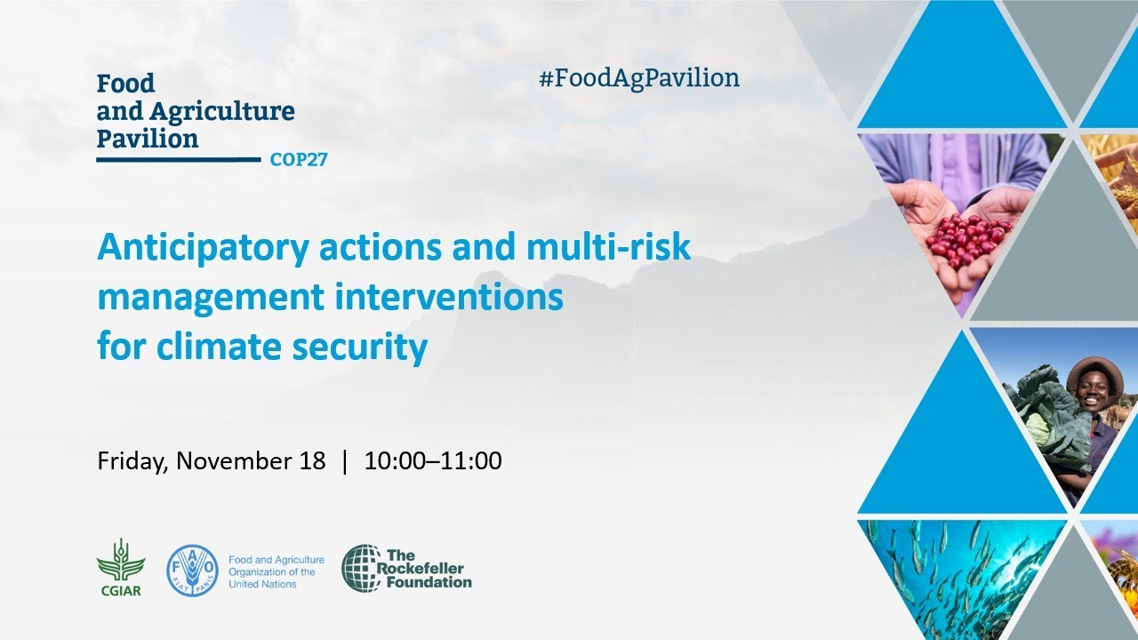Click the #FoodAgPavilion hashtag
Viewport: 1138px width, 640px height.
638,78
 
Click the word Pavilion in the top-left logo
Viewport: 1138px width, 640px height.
148,139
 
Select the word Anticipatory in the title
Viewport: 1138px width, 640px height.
199,247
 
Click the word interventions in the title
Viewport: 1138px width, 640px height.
450,297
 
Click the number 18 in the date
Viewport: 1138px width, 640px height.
313,461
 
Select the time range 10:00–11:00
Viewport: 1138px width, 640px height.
433,461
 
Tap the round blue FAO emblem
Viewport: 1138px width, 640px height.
192,571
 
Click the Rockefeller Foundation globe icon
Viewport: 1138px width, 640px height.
362,569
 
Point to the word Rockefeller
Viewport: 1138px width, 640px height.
425,568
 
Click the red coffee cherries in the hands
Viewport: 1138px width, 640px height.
965,237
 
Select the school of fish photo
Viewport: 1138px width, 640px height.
956,578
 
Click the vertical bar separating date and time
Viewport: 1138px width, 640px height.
345,461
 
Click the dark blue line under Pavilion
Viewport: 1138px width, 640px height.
178,160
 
